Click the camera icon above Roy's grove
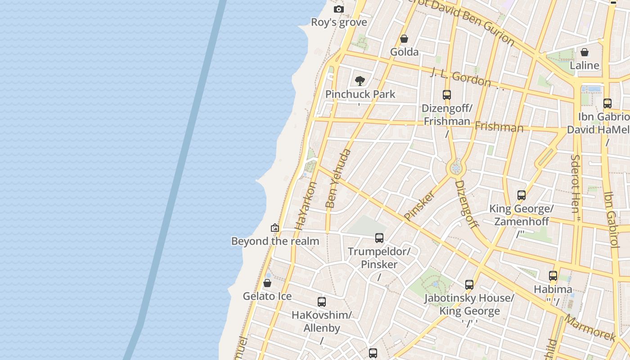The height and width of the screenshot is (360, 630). (x=339, y=9)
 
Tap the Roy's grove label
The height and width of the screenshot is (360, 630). (x=339, y=22)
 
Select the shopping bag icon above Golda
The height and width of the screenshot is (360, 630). (x=404, y=39)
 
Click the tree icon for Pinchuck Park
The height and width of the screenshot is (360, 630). (x=360, y=81)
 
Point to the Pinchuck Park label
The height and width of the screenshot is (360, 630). (x=360, y=94)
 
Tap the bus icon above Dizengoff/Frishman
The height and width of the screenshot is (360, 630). (x=447, y=95)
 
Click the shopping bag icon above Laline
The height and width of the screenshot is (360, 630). (x=585, y=52)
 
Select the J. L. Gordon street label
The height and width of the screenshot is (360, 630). (x=460, y=77)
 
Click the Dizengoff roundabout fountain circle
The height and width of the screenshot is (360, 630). (x=456, y=169)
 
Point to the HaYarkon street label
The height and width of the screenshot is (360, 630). (x=306, y=206)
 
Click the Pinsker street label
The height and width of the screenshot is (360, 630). (x=419, y=205)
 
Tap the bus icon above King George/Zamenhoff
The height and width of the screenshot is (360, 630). (x=522, y=195)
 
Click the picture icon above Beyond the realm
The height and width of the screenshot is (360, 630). (x=275, y=228)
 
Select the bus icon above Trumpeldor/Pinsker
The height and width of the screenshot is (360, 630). (x=379, y=238)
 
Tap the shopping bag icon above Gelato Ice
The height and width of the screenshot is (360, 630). (x=267, y=283)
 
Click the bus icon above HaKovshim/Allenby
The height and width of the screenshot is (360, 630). (x=321, y=302)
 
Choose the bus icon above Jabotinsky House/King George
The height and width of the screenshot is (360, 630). (x=469, y=285)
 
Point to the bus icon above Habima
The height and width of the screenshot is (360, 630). (x=553, y=276)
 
